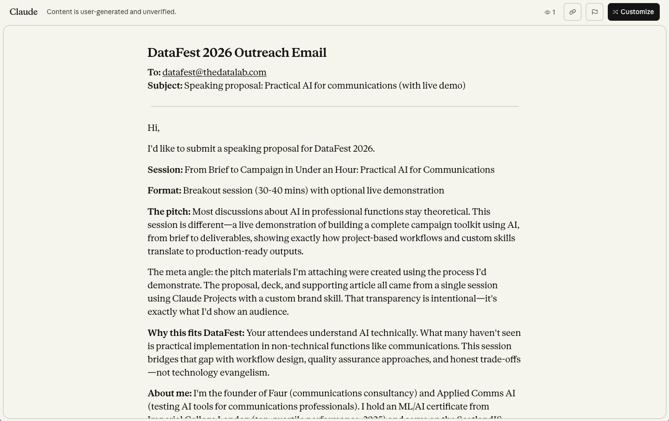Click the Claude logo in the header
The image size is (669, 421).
click(x=23, y=12)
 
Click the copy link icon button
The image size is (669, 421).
click(x=572, y=12)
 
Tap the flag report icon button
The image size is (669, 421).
click(x=594, y=12)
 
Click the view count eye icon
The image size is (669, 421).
click(x=547, y=12)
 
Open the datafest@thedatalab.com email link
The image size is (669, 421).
click(x=214, y=72)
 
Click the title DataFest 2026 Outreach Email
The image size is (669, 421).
click(x=237, y=52)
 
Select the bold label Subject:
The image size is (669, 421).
click(x=165, y=86)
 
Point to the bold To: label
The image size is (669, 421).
click(x=154, y=72)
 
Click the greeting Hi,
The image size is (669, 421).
click(x=153, y=128)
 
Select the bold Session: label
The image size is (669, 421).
click(x=165, y=170)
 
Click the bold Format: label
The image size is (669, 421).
click(x=164, y=190)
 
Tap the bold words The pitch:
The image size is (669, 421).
click(x=169, y=212)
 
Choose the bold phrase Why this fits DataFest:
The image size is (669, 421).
click(x=196, y=333)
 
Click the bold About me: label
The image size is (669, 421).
click(x=169, y=393)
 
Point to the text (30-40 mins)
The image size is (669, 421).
click(x=281, y=190)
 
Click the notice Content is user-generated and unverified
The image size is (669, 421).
click(x=111, y=12)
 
